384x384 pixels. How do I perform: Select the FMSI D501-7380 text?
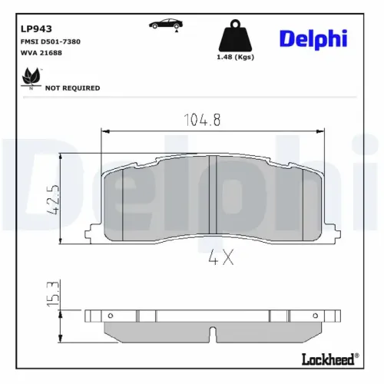[x=51, y=41]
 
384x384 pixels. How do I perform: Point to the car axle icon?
[x=167, y=25]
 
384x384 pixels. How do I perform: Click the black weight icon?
[x=235, y=35]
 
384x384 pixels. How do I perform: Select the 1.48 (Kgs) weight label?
[x=235, y=57]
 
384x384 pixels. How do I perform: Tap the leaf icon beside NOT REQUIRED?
[x=31, y=78]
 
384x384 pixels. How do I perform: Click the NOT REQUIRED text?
[x=73, y=88]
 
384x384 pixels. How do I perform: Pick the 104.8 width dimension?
[x=204, y=119]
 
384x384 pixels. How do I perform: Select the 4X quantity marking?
[x=221, y=260]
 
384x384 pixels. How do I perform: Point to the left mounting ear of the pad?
[x=91, y=231]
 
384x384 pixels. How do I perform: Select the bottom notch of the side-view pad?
[x=213, y=334]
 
